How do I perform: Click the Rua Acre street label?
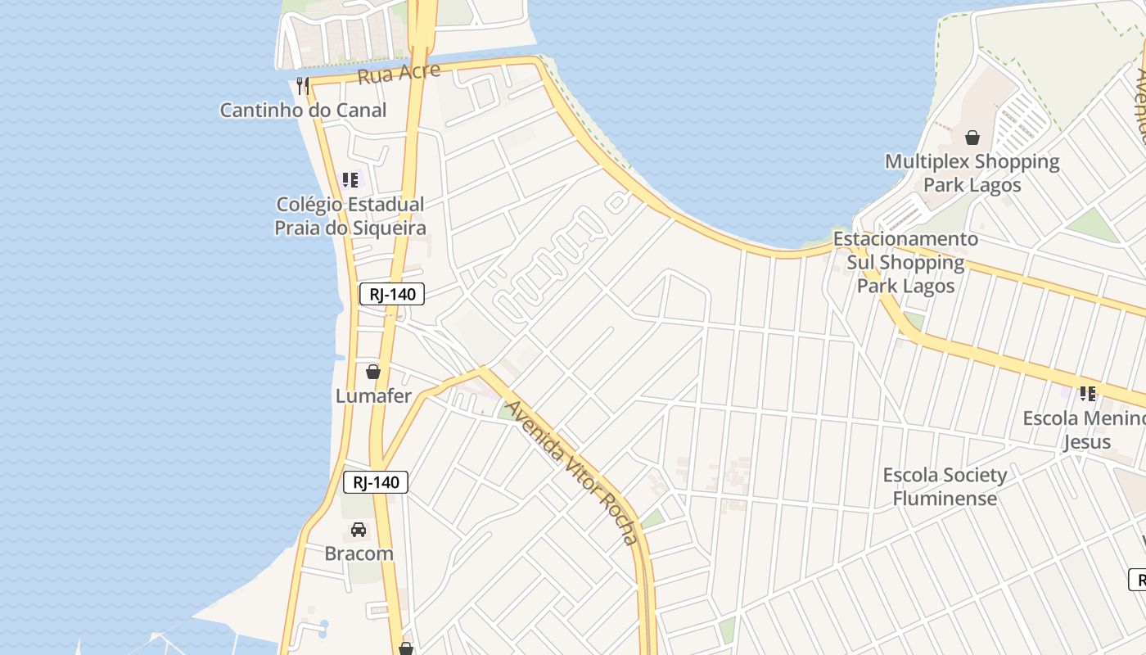click(399, 74)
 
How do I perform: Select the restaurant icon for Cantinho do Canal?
click(303, 85)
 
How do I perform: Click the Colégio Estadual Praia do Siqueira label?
click(350, 216)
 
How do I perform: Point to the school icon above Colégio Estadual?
click(350, 180)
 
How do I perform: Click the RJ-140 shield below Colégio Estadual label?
click(392, 294)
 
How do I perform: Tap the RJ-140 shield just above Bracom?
click(376, 482)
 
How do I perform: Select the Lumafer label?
click(373, 396)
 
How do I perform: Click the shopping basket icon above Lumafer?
click(373, 372)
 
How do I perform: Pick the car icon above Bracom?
click(359, 530)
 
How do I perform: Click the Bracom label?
click(359, 553)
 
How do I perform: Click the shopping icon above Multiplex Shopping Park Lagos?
click(972, 138)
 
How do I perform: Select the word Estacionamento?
click(905, 239)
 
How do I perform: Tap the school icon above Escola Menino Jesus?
click(1087, 394)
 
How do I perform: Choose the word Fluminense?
click(945, 498)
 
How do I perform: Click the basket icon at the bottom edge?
click(406, 648)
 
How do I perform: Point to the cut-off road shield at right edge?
click(1138, 579)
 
